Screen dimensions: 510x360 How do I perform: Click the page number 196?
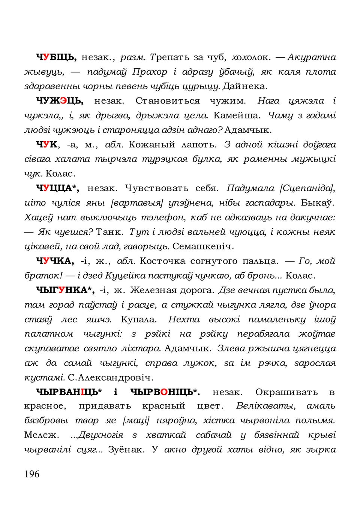32,474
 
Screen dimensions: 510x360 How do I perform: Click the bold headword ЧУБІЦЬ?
56,57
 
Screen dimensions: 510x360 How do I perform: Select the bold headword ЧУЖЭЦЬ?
60,101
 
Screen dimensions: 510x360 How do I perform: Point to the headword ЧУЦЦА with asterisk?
57,188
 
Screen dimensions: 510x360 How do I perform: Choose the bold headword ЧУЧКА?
55,261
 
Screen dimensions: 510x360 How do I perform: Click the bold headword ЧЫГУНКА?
65,290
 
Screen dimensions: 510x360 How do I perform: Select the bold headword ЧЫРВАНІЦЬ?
69,392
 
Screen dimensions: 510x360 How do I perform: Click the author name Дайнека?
245,86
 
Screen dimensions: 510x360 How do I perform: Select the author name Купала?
139,319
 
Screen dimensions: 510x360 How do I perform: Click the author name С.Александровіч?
111,378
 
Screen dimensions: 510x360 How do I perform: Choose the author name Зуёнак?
126,450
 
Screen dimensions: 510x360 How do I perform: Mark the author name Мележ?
41,435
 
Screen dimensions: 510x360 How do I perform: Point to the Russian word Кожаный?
152,145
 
